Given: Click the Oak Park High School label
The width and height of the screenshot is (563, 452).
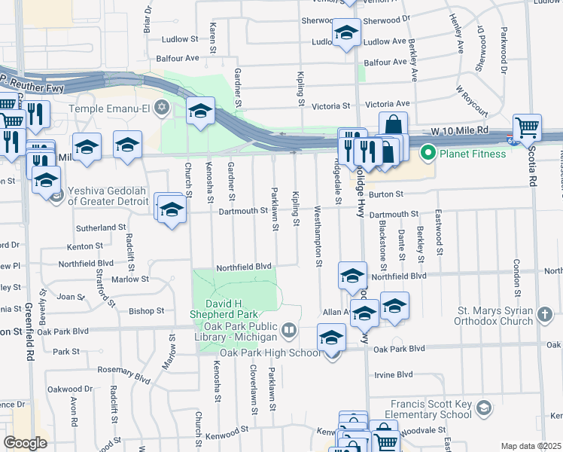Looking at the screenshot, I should pyautogui.click(x=270, y=353).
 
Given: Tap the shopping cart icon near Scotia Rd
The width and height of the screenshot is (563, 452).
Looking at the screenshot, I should pyautogui.click(x=527, y=127).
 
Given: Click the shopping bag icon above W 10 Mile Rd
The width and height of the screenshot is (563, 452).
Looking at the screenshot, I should pyautogui.click(x=393, y=125).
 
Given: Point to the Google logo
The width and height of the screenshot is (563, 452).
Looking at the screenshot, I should pyautogui.click(x=25, y=443).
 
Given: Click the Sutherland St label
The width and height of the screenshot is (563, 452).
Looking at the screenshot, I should pyautogui.click(x=100, y=227).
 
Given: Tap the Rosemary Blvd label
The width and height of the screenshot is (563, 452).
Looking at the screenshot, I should pyautogui.click(x=123, y=371).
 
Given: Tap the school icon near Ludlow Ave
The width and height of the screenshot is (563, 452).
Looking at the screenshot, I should pyautogui.click(x=346, y=33).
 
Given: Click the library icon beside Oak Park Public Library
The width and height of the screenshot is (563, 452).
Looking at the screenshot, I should pyautogui.click(x=288, y=330).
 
